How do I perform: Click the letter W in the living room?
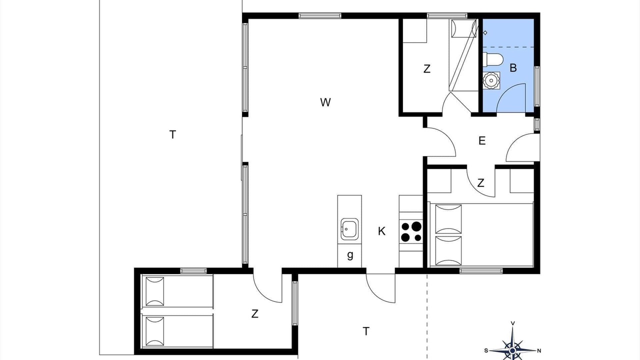tap(325, 102)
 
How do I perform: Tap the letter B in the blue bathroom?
tap(513, 68)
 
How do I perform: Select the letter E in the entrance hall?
tap(482, 140)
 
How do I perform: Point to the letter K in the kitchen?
tap(381, 231)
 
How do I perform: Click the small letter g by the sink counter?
tap(350, 255)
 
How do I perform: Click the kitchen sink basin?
tap(349, 229)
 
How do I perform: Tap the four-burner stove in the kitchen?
tap(411, 231)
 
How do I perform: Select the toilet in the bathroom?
tap(492, 59)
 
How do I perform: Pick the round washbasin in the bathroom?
tap(491, 80)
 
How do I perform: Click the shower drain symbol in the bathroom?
tap(485, 33)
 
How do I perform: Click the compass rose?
tap(512, 350)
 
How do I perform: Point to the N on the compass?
tap(539, 350)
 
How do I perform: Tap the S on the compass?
tap(486, 350)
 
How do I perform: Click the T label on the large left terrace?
tap(172, 134)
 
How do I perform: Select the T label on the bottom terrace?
tap(366, 331)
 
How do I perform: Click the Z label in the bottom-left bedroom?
tap(255, 313)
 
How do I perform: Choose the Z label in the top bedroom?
tap(427, 69)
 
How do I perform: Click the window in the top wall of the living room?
tap(320, 15)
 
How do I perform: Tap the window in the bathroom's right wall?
tap(537, 86)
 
